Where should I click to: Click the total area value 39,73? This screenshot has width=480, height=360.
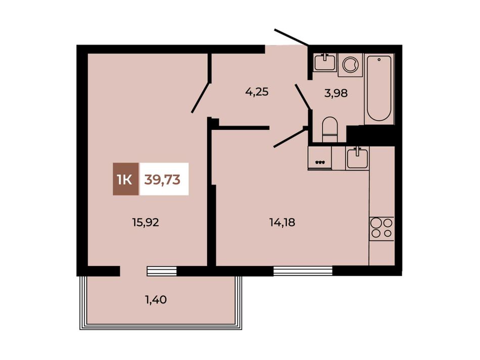click(162, 180)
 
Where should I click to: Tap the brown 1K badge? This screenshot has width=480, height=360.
click(125, 179)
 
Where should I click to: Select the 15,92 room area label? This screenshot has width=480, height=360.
click(146, 222)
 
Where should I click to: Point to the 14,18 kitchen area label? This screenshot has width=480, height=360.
click(282, 222)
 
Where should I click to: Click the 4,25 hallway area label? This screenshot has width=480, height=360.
click(257, 92)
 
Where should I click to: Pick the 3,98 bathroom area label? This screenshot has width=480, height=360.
click(336, 93)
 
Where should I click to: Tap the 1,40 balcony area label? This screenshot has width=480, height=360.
click(156, 300)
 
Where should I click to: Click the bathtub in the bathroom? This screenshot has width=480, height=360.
click(379, 88)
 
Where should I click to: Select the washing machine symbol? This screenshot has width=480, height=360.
click(350, 65)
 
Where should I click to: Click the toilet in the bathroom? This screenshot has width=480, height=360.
click(330, 129)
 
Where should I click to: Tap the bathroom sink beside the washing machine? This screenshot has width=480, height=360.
click(325, 63)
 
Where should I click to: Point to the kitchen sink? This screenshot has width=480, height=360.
click(357, 158)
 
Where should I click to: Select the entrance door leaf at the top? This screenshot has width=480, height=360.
click(292, 37)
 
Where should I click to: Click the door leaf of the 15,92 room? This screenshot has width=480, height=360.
click(201, 97)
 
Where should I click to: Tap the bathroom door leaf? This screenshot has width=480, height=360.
click(303, 96)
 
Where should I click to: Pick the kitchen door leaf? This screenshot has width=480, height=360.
click(290, 138)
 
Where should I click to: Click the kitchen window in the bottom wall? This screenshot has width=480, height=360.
click(303, 271)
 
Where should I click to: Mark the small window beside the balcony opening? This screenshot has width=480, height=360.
click(162, 271)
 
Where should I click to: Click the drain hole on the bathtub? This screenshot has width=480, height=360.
click(379, 60)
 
